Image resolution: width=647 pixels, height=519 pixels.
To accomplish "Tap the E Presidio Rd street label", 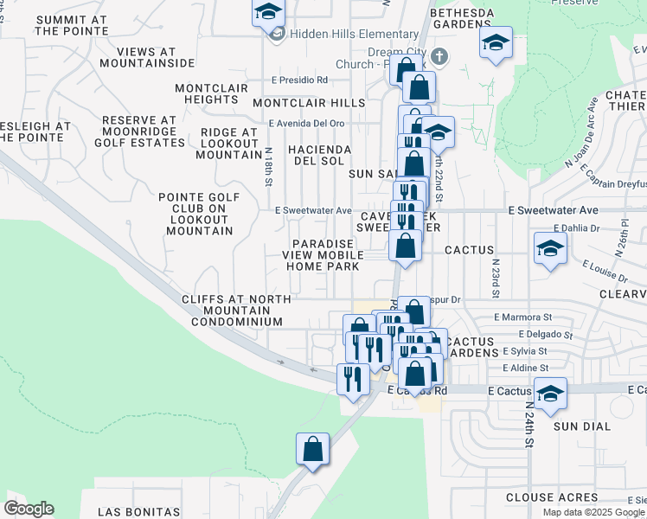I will pyautogui.click(x=299, y=80).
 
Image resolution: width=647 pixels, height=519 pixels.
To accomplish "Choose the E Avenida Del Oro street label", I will pyautogui.click(x=306, y=123).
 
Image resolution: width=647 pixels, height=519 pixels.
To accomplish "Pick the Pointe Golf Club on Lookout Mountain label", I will pyautogui.click(x=195, y=214).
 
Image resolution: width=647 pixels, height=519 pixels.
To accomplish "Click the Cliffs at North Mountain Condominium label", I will pyautogui.click(x=232, y=311).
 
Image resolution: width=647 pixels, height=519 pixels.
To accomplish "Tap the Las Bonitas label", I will pyautogui.click(x=138, y=512).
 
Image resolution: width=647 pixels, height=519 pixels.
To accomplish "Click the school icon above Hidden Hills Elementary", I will pyautogui.click(x=268, y=13).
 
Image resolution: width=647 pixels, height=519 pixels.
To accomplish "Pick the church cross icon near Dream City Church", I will pyautogui.click(x=439, y=57).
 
